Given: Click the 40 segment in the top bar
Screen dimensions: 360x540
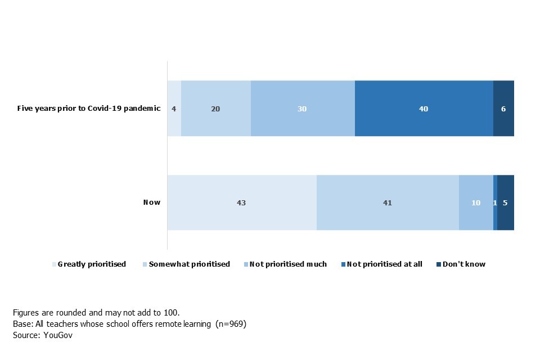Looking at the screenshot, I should (x=424, y=109).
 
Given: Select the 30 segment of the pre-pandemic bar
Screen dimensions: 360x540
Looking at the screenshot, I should (x=302, y=109).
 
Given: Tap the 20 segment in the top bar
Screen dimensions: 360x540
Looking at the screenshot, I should (x=215, y=109).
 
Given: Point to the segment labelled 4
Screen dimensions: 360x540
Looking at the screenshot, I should (x=174, y=109).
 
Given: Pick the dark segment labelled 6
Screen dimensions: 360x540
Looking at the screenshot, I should (x=503, y=109).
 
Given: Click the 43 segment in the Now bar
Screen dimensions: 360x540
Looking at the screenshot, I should (x=242, y=202).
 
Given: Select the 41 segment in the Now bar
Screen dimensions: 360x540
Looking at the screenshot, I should (x=387, y=202).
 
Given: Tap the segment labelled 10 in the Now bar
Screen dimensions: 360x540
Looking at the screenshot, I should (x=476, y=202).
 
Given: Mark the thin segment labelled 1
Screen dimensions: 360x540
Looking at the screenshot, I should (x=495, y=202).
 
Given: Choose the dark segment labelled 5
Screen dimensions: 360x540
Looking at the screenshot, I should (x=505, y=202).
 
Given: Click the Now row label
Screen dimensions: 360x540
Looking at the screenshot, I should (x=152, y=202).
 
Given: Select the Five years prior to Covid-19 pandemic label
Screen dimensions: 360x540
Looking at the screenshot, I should (x=89, y=109).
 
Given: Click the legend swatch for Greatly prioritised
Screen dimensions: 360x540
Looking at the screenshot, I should (x=55, y=264).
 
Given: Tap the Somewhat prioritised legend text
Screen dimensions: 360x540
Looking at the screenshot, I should (x=189, y=264).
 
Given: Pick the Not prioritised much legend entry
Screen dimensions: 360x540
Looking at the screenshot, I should (x=288, y=264).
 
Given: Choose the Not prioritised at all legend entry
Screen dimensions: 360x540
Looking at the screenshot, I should (x=384, y=264).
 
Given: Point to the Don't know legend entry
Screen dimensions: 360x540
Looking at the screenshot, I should (x=464, y=264).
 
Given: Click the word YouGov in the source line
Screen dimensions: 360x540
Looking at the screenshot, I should (x=58, y=335).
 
